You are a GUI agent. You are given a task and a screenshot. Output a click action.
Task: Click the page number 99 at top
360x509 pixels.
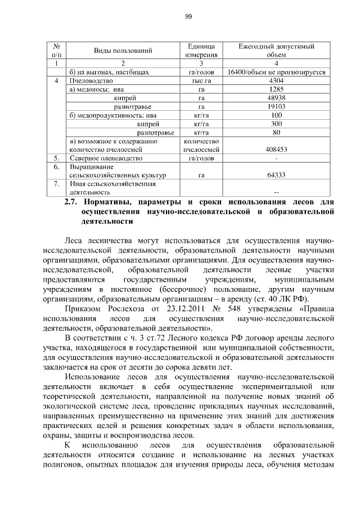pos(188,16)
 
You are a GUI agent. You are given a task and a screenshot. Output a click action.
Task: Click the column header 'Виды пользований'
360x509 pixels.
pos(123,51)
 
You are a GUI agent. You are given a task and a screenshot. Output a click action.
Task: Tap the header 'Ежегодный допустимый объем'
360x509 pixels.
pos(276,51)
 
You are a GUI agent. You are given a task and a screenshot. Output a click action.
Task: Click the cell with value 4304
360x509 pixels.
pos(276,80)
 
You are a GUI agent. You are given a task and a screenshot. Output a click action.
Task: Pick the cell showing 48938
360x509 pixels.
pos(276,98)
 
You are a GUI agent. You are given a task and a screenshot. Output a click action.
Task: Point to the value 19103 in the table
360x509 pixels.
pos(276,106)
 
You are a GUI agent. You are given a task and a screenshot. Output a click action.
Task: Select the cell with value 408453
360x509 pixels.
pos(276,150)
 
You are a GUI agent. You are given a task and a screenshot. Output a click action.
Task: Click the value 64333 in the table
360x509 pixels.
pos(276,175)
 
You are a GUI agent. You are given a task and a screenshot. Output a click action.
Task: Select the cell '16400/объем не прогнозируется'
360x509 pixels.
pos(276,72)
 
